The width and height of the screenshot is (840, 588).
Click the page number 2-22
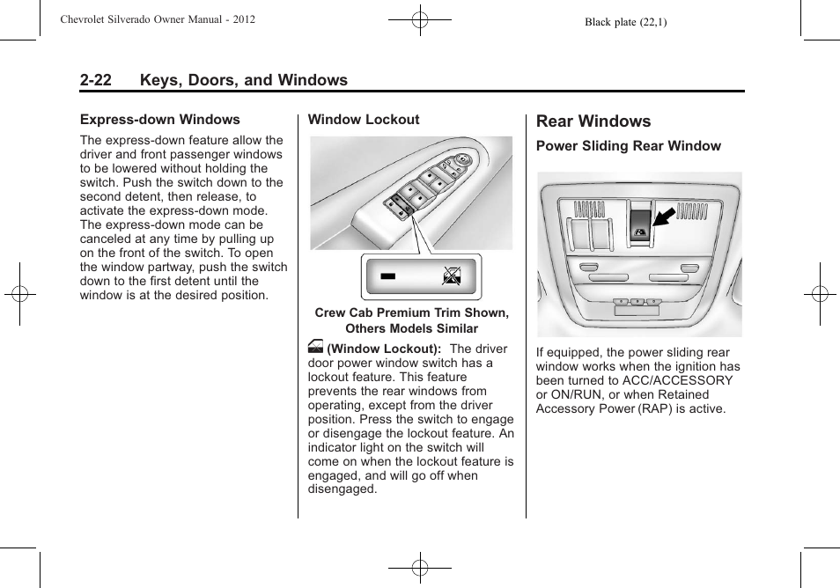[x=95, y=80]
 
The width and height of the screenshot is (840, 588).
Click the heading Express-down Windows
[x=159, y=120]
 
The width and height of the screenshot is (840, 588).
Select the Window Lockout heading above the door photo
[x=363, y=120]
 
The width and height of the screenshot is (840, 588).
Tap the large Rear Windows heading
[x=593, y=121]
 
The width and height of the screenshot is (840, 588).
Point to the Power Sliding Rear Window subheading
[x=628, y=146]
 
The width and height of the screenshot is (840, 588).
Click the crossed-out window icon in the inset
[x=452, y=276]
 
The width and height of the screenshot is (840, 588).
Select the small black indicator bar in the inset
[x=388, y=276]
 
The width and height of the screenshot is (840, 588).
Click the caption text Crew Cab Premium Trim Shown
[x=411, y=313]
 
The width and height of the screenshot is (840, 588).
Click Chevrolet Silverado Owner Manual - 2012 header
[x=158, y=19]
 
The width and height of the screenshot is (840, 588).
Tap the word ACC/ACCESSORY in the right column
[x=676, y=380]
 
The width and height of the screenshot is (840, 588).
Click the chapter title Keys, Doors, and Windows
[x=243, y=80]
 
